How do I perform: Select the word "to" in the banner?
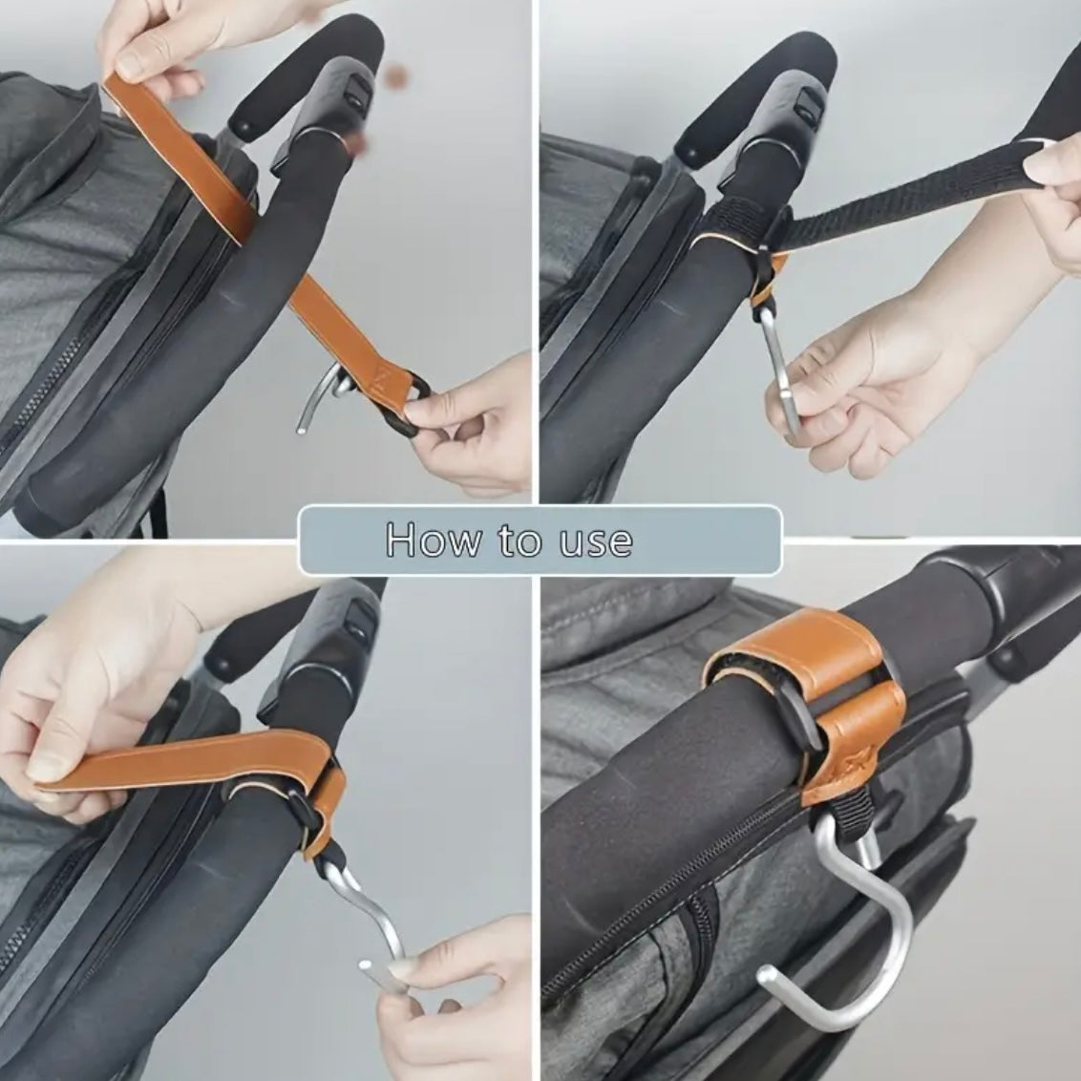pos(519,540)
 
